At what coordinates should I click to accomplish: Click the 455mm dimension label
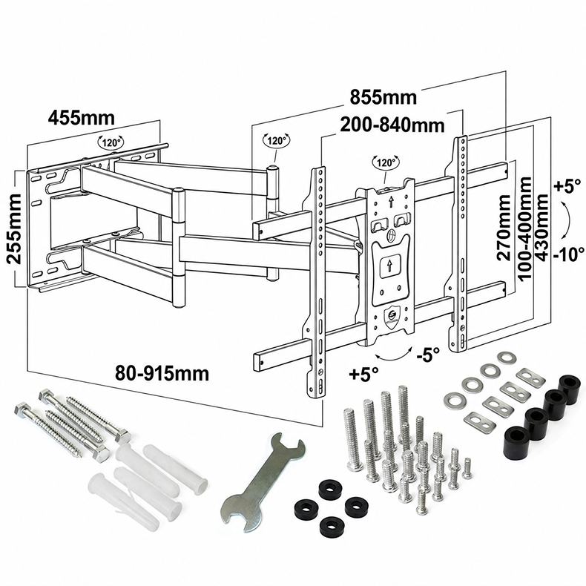click(81, 118)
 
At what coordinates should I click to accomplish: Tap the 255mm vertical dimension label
click(14, 228)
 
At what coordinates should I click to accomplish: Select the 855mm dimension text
click(383, 97)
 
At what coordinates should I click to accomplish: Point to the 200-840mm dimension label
click(392, 125)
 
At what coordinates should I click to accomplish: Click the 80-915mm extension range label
click(162, 373)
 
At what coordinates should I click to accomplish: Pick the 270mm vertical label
click(504, 227)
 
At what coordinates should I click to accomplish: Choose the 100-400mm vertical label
click(524, 228)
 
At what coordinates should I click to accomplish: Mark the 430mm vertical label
click(541, 227)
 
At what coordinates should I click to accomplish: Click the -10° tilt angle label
click(569, 255)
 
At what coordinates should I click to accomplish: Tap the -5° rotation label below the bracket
click(428, 355)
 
